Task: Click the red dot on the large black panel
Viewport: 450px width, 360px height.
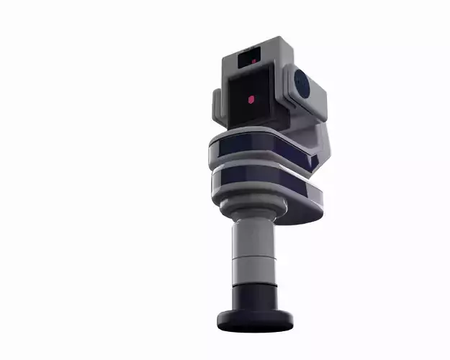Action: coord(251,100)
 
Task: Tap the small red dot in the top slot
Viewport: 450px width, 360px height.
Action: coord(253,62)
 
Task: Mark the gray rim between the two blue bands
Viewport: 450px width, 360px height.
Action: coord(252,166)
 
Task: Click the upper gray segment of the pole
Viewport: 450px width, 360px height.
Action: coord(251,238)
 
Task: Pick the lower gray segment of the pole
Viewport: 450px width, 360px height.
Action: coord(252,271)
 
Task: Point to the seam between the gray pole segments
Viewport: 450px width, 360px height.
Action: coord(252,257)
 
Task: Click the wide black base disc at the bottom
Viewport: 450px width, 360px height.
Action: coord(256,321)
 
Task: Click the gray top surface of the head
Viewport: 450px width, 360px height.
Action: coord(259,44)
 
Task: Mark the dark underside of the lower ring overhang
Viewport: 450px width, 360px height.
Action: coord(302,215)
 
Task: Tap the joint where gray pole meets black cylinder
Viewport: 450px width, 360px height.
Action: coord(252,285)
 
